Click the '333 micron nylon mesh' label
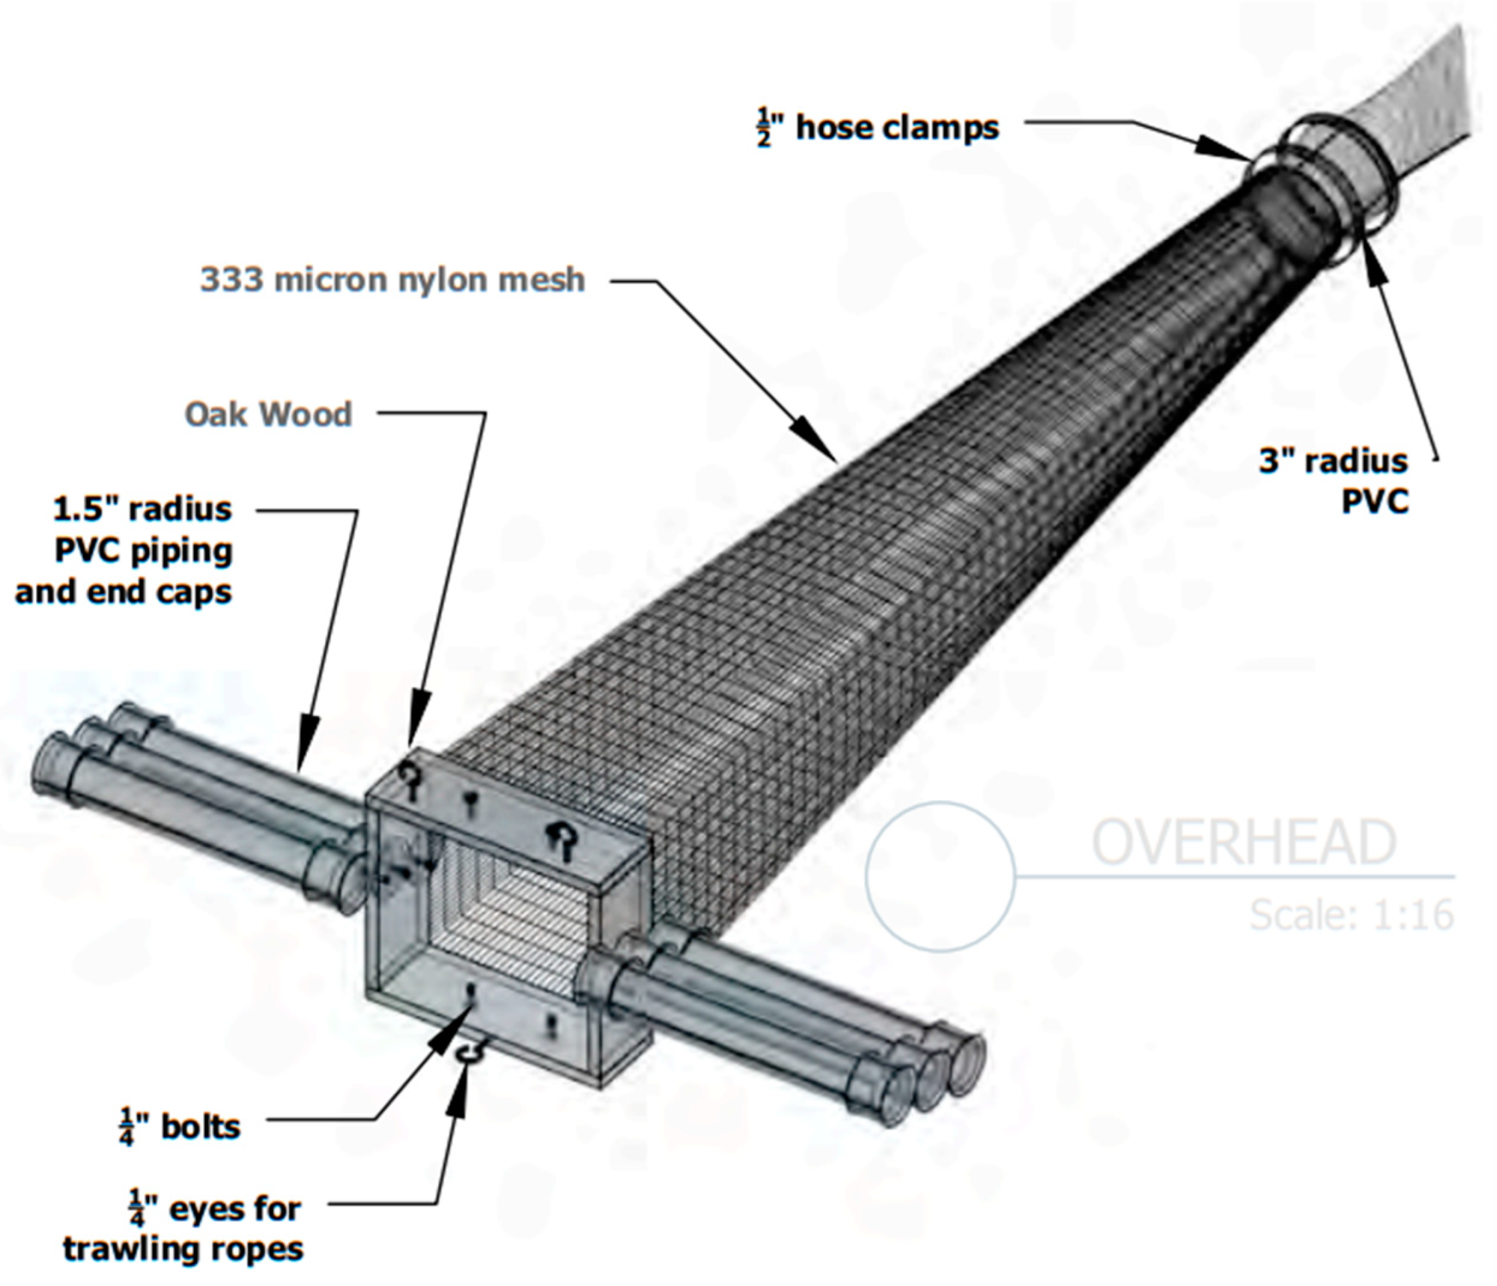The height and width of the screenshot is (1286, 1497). pyautogui.click(x=392, y=280)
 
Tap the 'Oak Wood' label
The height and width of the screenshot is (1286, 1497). pyautogui.click(x=268, y=414)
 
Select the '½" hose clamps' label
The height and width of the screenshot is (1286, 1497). pyautogui.click(x=878, y=128)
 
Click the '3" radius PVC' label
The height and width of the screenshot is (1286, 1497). pyautogui.click(x=1334, y=481)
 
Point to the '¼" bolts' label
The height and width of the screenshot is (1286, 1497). pyautogui.click(x=181, y=1127)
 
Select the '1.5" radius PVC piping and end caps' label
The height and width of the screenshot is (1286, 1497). pyautogui.click(x=124, y=551)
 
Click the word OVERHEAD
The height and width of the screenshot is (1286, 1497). pyautogui.click(x=1243, y=842)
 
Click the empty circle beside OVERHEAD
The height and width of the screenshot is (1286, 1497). pyautogui.click(x=941, y=876)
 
